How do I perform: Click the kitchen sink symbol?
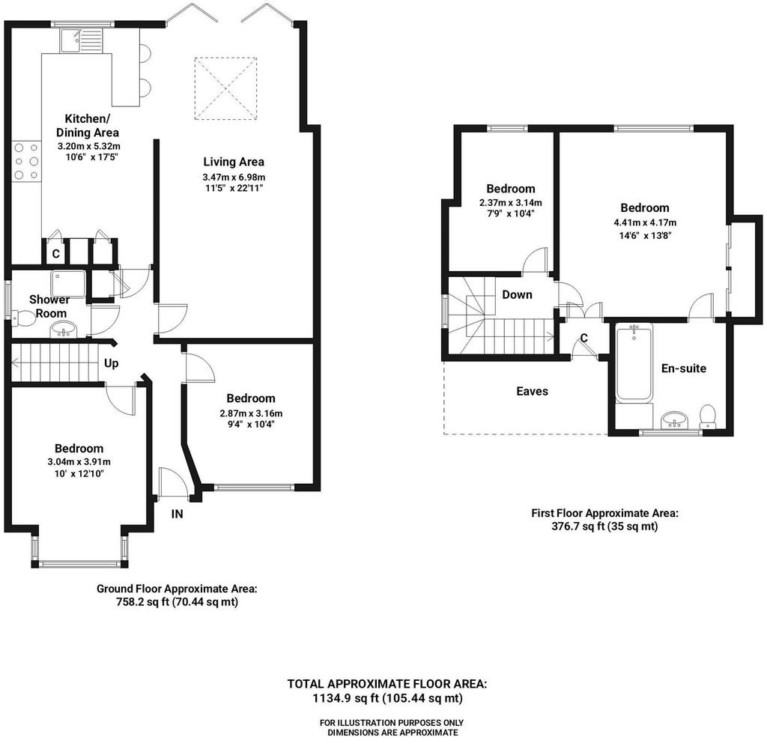[x=81, y=40]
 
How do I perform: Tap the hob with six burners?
[x=26, y=161]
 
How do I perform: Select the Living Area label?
[x=234, y=162]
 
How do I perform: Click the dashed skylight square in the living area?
[x=225, y=88]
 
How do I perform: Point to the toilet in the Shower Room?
[x=23, y=319]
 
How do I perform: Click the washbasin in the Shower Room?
[x=64, y=330]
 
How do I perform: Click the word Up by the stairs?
[x=111, y=363]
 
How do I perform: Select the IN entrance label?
[x=177, y=514]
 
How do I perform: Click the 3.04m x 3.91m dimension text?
[x=79, y=462]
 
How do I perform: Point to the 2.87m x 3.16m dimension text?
[x=251, y=413]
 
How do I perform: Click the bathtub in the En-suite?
[x=634, y=363]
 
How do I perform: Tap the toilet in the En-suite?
[x=708, y=416]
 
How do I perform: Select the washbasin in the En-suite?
[x=675, y=420]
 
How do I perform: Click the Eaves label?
[x=533, y=391]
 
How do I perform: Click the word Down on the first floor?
[x=517, y=294]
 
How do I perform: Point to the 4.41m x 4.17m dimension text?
[x=645, y=222]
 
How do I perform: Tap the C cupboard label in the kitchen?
[x=55, y=254]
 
